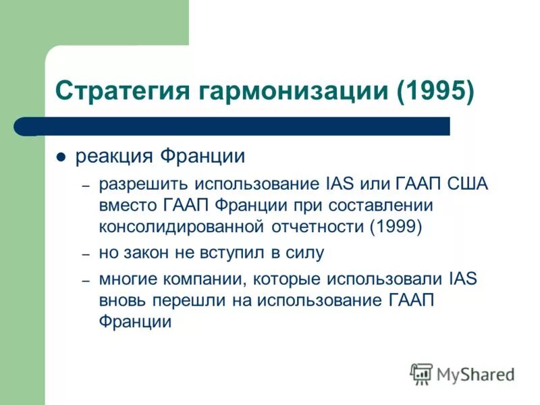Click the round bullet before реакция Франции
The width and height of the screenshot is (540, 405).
coord(61,158)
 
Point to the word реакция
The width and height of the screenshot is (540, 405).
coord(114,157)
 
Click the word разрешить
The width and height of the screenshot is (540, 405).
coord(144,184)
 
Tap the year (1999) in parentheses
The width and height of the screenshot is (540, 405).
coord(396,227)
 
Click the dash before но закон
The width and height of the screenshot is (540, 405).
coord(86,254)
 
